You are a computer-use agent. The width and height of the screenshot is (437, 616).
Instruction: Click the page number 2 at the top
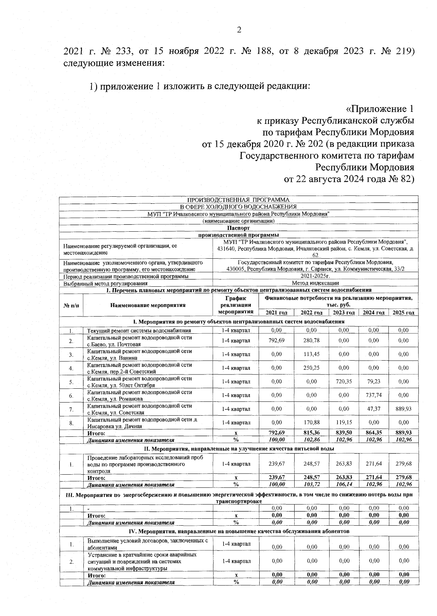[239, 30]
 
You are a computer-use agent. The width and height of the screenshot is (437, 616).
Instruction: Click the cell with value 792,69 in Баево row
[276, 341]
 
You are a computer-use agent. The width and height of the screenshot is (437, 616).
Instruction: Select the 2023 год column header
[344, 313]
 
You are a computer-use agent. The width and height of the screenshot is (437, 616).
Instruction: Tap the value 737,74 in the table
[374, 395]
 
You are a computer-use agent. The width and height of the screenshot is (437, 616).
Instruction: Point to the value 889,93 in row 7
[403, 409]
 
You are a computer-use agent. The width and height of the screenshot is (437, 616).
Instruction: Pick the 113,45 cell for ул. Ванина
[311, 354]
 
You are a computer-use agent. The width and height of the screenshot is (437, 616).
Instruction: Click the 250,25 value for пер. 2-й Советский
[311, 368]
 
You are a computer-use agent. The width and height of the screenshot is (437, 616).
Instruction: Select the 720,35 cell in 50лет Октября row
[344, 382]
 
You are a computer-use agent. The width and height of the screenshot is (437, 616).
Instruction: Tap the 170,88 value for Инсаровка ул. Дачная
[312, 423]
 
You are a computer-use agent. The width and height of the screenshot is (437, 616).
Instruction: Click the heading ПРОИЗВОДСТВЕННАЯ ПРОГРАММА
[239, 200]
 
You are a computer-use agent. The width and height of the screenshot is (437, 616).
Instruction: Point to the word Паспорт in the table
[239, 228]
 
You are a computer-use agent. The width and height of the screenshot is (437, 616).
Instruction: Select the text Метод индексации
[315, 283]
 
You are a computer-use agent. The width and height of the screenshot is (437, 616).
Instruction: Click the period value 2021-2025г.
[315, 276]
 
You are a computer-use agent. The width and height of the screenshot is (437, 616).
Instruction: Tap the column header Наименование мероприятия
[148, 305]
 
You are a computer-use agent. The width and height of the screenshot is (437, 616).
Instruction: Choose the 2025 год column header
[403, 313]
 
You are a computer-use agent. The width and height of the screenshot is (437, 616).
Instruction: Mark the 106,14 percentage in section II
[344, 484]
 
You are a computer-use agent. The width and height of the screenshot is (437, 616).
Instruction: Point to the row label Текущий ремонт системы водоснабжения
[139, 330]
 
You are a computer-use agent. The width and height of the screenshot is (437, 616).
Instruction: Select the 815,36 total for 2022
[312, 433]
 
